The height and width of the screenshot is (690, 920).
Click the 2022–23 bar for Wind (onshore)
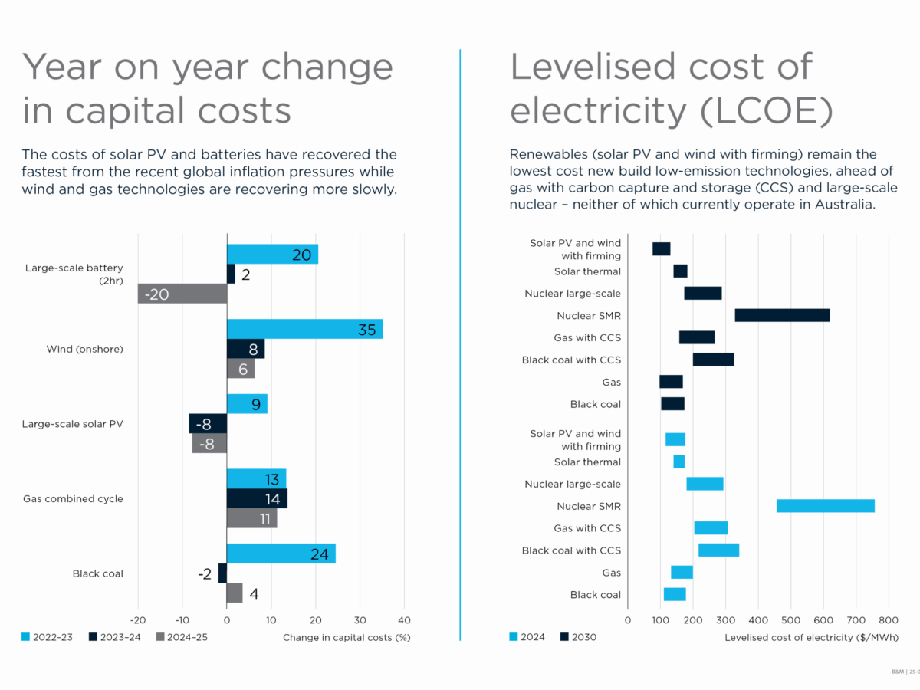point(304,330)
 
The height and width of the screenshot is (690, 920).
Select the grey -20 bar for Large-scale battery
point(182,294)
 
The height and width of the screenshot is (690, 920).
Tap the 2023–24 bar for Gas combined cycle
point(257,498)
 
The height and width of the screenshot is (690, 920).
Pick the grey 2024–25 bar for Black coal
point(235,593)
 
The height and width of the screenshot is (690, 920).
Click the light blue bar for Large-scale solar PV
point(247,404)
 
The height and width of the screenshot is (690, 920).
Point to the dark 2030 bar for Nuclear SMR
point(782,315)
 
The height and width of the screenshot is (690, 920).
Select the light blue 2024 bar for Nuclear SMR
point(825,506)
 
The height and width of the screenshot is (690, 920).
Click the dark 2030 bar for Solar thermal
point(680,271)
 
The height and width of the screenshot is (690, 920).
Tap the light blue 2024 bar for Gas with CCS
point(711,528)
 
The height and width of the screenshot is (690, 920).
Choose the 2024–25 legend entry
point(182,637)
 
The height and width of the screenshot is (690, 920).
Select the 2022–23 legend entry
point(48,637)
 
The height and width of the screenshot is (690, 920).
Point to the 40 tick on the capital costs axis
point(404,619)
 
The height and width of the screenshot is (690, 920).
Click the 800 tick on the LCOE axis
point(889,619)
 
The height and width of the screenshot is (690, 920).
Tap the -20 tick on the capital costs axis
point(138,619)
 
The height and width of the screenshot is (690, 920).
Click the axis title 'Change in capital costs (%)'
point(347,637)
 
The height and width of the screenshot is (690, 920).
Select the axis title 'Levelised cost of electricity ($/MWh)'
point(811,637)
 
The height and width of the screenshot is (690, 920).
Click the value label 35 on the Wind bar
point(366,330)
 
